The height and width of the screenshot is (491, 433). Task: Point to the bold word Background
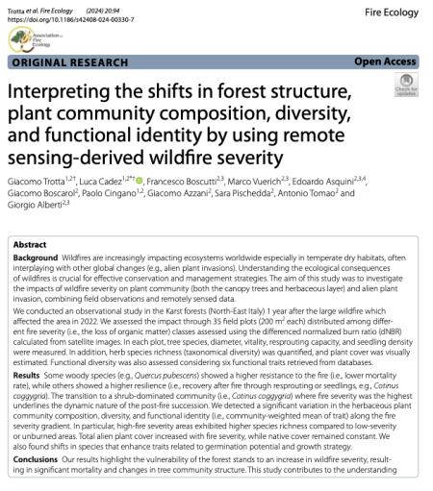pyautogui.click(x=36, y=260)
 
